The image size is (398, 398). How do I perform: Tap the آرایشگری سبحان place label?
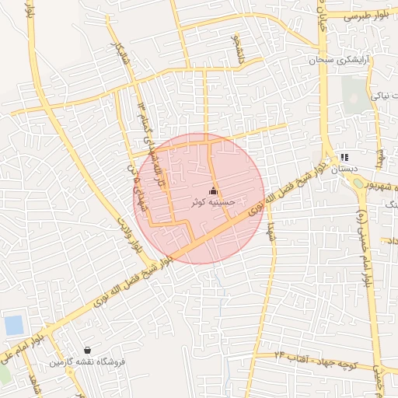click(x=340, y=60)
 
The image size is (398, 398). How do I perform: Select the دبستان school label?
click(x=344, y=168)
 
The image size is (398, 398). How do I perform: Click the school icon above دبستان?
click(x=344, y=157)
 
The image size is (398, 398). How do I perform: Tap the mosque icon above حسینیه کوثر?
click(x=214, y=190)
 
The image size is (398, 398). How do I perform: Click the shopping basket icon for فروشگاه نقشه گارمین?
click(x=86, y=351)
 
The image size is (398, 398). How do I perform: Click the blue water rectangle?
click(x=14, y=325)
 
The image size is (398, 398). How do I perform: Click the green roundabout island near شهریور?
click(x=358, y=183)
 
